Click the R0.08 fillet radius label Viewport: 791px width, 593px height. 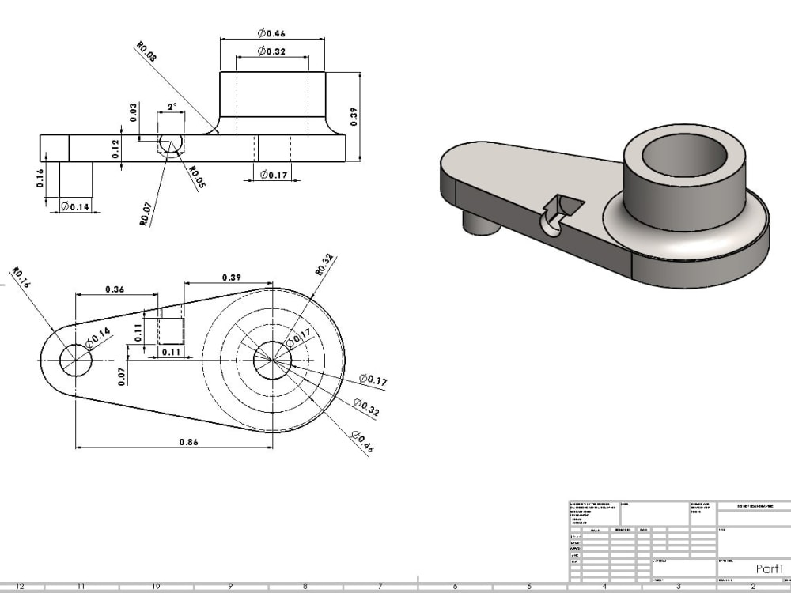(x=146, y=53)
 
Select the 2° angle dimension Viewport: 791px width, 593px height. (x=172, y=106)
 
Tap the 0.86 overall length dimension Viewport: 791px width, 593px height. (x=189, y=441)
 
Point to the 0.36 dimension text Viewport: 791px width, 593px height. (x=115, y=289)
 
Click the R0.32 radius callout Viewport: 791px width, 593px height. (x=324, y=264)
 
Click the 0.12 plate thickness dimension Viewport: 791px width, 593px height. (x=115, y=149)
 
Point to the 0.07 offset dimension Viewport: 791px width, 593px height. (x=123, y=376)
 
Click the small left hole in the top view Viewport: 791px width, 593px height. (x=76, y=361)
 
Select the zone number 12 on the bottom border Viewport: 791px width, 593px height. (x=20, y=586)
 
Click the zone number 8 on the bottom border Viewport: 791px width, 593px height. (x=305, y=586)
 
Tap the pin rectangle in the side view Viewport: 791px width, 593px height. (x=76, y=179)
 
